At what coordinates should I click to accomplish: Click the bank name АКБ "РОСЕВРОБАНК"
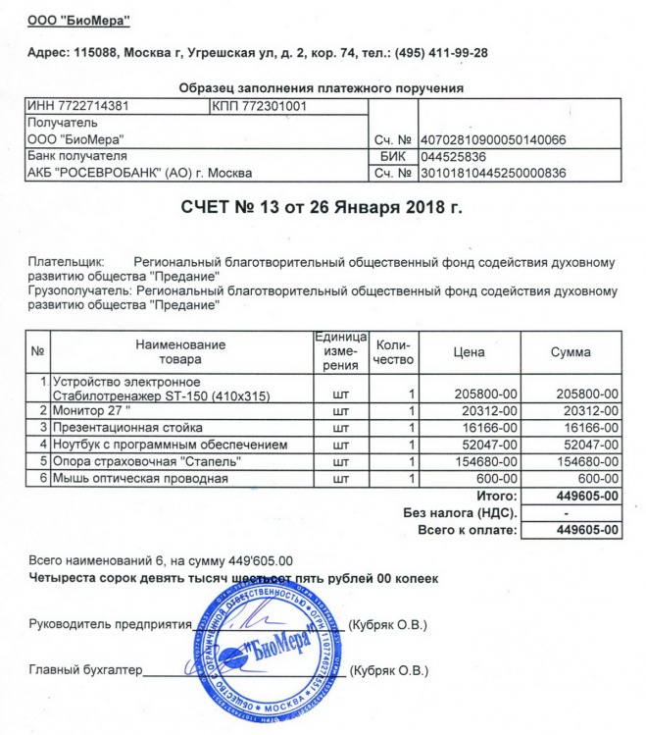tap(139, 173)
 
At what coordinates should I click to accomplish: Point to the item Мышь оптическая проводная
tap(139, 478)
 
